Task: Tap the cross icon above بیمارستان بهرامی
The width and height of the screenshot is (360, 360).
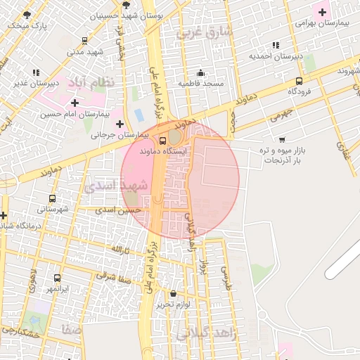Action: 323,11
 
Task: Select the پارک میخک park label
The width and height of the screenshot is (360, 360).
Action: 27,25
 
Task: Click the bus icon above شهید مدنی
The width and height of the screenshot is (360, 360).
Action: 85,41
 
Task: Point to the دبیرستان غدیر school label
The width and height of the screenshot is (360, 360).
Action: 35,83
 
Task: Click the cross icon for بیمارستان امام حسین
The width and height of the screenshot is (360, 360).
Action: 75,103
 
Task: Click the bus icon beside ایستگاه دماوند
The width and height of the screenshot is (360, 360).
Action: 164,141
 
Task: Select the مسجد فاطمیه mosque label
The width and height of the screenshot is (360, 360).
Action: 200,84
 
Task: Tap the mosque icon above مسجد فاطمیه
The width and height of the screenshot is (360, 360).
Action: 200,72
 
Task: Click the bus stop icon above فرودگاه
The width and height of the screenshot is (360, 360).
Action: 300,81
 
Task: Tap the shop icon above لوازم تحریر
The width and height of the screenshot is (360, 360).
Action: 174,293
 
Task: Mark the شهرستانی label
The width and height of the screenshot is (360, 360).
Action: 53,210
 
